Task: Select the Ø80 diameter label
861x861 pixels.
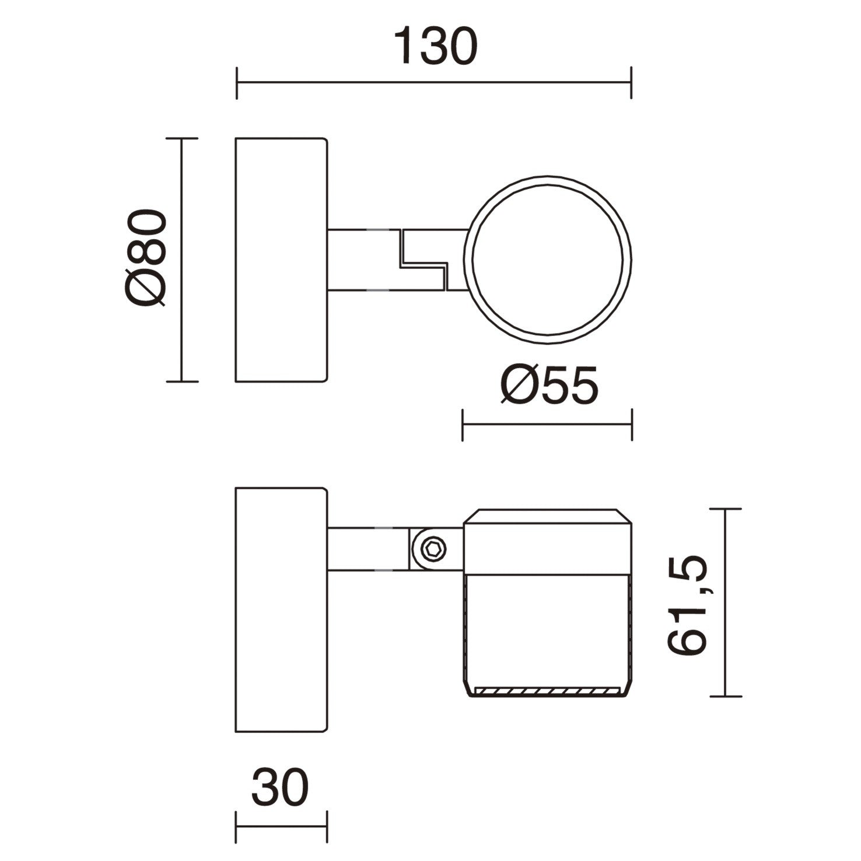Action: pos(146,258)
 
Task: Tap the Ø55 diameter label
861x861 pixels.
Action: pos(549,386)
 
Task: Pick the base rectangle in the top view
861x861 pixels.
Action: pos(281,260)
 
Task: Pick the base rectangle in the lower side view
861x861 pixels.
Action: pos(281,609)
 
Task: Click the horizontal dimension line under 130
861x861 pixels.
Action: pos(434,83)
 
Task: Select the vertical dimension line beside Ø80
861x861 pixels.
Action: pos(183,260)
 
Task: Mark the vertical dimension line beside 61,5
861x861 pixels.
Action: pos(725,603)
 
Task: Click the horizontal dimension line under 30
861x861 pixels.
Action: pos(281,826)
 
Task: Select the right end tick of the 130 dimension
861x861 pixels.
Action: pos(631,83)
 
